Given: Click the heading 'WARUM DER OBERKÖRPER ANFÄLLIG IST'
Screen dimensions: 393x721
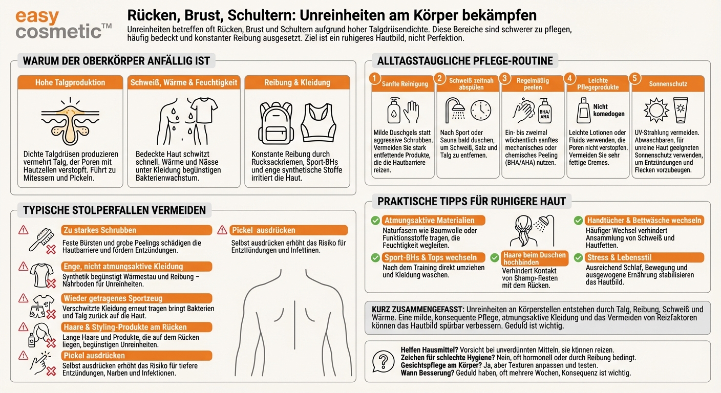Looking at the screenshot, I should tap(117, 61).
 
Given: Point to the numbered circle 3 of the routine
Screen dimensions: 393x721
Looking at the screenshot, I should tap(505, 78).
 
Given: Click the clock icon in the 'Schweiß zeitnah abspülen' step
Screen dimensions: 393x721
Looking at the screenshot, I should tap(480, 110).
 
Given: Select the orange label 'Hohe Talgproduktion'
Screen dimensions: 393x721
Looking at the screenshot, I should tap(70, 82).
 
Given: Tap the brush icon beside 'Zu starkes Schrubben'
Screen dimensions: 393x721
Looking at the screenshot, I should tap(41, 238).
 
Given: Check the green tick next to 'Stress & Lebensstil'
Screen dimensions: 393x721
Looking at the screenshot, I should tap(578, 258).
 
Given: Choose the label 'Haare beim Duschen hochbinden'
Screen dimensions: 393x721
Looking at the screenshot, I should tap(534, 258).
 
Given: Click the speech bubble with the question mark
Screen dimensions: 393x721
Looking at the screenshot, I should tap(382, 361).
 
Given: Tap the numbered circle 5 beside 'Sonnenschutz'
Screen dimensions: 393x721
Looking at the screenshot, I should tap(635, 78).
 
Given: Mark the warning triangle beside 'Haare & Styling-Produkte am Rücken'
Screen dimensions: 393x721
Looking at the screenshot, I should tap(23, 326).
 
